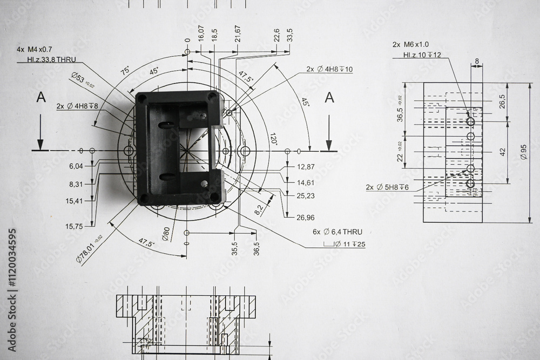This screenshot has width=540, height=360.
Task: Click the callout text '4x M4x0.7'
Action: pyautogui.click(x=35, y=49)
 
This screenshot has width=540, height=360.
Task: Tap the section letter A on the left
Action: pyautogui.click(x=40, y=97)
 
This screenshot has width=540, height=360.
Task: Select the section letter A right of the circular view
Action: pyautogui.click(x=329, y=97)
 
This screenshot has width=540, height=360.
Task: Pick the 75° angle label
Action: pyautogui.click(x=125, y=70)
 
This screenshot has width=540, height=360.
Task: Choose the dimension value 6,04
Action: pyautogui.click(x=76, y=167)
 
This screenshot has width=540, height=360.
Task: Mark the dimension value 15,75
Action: pyautogui.click(x=75, y=226)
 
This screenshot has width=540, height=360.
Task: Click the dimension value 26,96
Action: pyautogui.click(x=306, y=218)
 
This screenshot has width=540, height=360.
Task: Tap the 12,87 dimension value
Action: pyautogui.click(x=306, y=167)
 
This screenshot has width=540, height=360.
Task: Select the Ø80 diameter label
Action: pyautogui.click(x=166, y=234)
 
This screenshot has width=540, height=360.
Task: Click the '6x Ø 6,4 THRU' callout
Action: pyautogui.click(x=337, y=232)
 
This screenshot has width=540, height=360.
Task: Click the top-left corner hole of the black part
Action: pyautogui.click(x=141, y=98)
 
